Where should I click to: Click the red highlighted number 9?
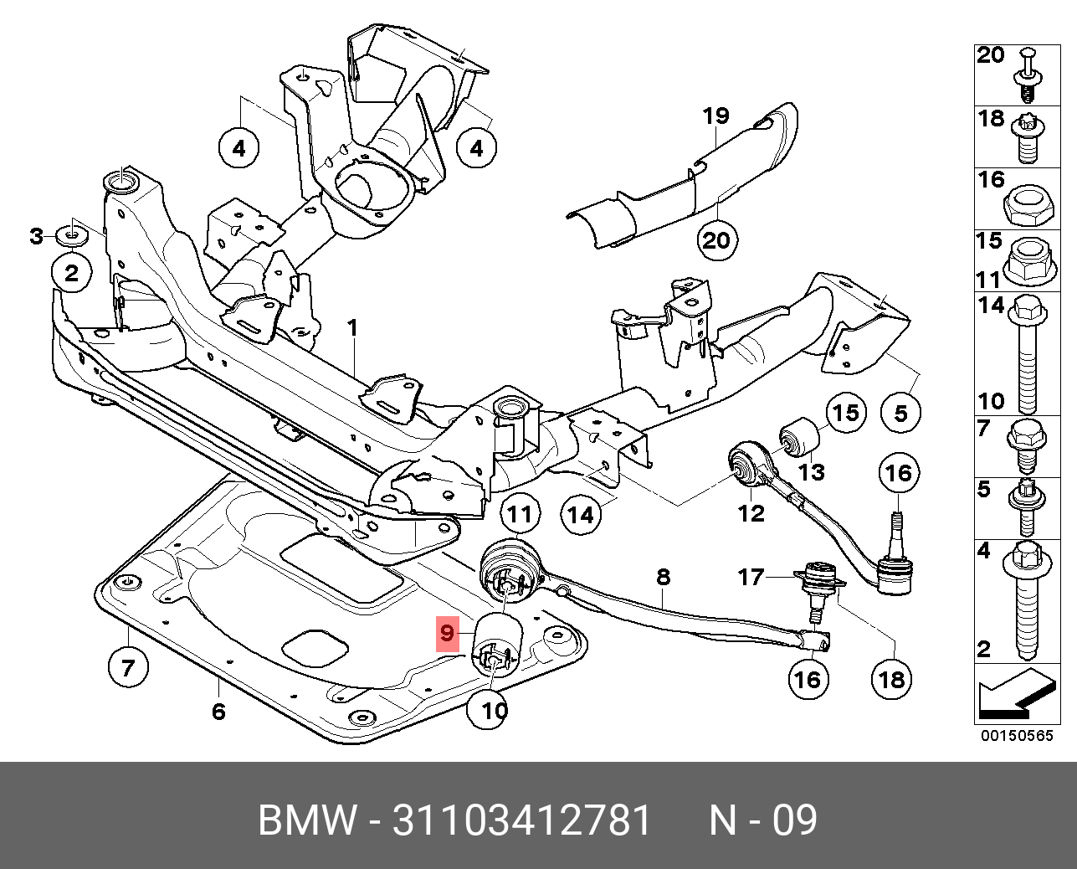[447, 634]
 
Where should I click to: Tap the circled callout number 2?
[72, 272]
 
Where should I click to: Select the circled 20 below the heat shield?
[715, 241]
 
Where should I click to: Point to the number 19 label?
[715, 116]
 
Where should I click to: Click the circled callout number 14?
[581, 514]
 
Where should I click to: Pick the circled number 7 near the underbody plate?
[127, 667]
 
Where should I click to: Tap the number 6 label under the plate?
[218, 712]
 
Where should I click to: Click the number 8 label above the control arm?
[663, 577]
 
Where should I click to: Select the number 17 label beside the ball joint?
[751, 577]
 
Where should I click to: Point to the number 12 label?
[751, 513]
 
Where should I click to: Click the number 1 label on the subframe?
[352, 327]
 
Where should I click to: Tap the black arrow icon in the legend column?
[1014, 696]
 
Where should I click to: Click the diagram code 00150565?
[1017, 736]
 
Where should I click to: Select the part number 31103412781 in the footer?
[521, 820]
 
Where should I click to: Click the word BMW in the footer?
[306, 820]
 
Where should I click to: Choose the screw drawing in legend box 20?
[1028, 76]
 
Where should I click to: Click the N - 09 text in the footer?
[762, 820]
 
